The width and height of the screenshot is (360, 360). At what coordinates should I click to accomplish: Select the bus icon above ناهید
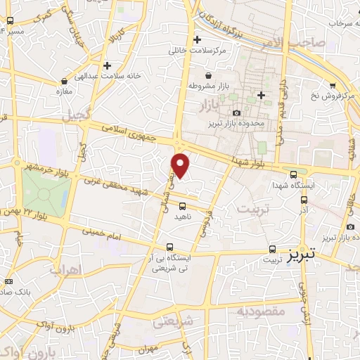tap(183, 206)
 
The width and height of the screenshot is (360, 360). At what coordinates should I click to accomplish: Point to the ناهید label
tap(183, 217)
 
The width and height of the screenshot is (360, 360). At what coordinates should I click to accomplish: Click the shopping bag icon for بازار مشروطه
tap(208, 75)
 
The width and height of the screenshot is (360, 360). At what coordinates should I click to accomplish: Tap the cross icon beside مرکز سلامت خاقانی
tap(197, 40)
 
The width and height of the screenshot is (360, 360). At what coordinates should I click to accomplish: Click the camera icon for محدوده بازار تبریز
tap(236, 113)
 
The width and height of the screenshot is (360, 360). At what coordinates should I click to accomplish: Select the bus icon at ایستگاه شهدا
tap(293, 174)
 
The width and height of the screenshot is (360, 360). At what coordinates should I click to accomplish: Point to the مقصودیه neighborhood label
tap(260, 310)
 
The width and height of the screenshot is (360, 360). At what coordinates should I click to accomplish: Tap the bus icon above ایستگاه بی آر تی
tap(169, 247)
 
